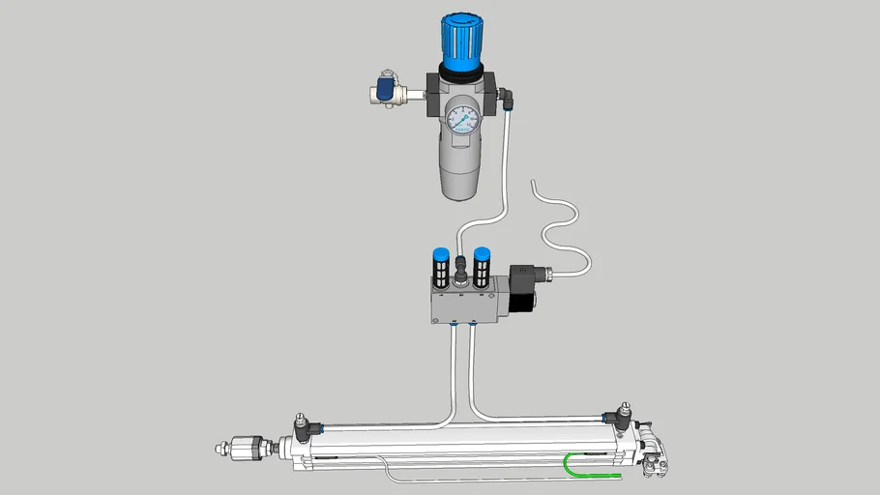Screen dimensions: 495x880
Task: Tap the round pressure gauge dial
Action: click(x=461, y=121)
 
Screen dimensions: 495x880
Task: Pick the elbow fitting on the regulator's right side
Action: click(x=507, y=97)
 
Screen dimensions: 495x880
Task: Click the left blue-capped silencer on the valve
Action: click(x=437, y=266)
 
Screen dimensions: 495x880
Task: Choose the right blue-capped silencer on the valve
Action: click(x=482, y=266)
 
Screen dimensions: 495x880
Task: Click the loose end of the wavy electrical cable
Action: click(x=532, y=183)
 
